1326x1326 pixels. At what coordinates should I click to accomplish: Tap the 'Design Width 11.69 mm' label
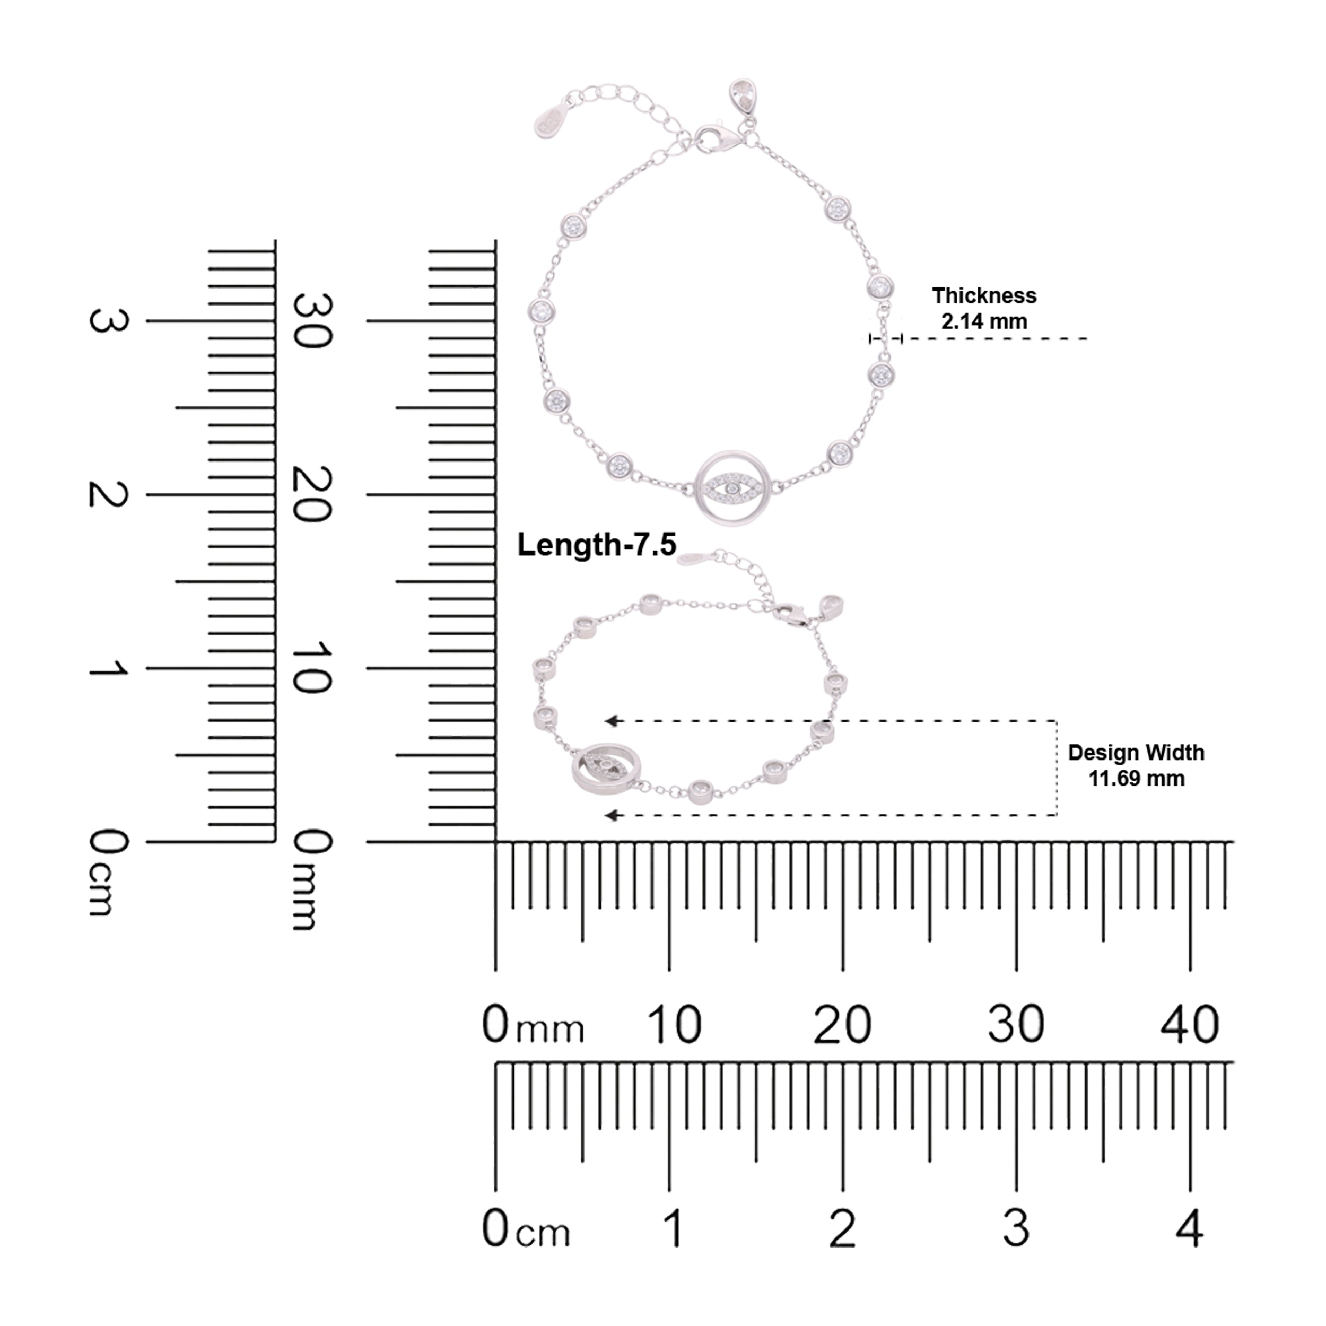click(x=1136, y=765)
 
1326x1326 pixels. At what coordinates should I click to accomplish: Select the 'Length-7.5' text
click(x=596, y=544)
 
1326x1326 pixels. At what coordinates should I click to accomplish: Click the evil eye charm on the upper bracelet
click(x=733, y=488)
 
